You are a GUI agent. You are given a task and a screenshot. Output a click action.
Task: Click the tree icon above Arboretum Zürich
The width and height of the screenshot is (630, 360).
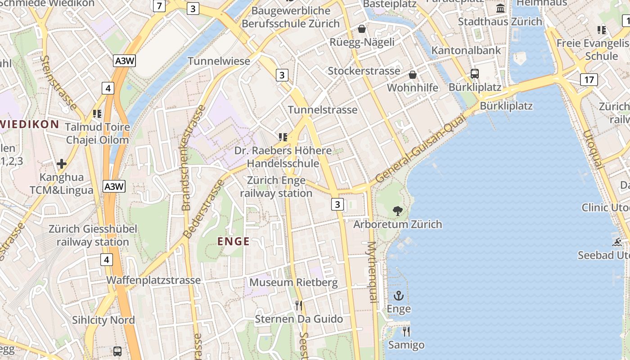tap(397, 210)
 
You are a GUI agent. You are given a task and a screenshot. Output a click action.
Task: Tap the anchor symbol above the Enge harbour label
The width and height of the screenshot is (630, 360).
tap(399, 296)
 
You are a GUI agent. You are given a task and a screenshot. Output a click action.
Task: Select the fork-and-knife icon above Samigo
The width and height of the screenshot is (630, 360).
tap(406, 332)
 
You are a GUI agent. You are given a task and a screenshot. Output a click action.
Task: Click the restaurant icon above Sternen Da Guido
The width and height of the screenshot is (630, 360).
tap(298, 306)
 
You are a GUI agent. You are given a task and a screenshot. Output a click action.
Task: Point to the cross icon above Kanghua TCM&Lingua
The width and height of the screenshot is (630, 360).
tap(62, 163)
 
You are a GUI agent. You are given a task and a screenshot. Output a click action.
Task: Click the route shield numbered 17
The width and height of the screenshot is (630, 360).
tap(589, 80)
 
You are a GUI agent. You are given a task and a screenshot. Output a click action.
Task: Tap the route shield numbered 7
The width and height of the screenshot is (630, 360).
tap(159, 6)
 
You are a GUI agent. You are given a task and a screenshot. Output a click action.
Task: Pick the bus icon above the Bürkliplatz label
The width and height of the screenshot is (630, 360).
tap(474, 74)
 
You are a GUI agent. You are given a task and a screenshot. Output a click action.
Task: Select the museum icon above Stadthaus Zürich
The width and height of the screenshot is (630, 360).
tap(500, 9)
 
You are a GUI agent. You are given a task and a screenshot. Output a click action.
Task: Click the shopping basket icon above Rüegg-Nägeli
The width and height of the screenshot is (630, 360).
tap(361, 29)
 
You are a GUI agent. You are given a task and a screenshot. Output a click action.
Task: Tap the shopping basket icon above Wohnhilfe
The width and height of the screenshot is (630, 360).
tap(412, 75)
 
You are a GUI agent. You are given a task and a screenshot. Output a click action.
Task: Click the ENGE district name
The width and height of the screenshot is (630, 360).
tap(233, 242)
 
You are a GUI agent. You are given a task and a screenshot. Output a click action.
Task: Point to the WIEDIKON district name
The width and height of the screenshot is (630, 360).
tap(30, 124)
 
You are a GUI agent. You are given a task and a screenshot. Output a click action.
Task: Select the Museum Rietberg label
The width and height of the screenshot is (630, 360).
tap(293, 283)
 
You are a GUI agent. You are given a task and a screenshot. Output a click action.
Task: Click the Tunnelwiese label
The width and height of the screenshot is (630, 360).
tap(219, 61)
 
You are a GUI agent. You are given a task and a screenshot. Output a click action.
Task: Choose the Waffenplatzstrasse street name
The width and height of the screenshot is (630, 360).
tap(153, 280)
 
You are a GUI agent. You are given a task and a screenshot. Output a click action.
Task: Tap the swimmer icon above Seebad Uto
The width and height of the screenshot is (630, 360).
tap(617, 242)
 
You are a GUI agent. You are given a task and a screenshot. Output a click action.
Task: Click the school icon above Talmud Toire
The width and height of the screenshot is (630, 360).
tap(97, 114)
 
